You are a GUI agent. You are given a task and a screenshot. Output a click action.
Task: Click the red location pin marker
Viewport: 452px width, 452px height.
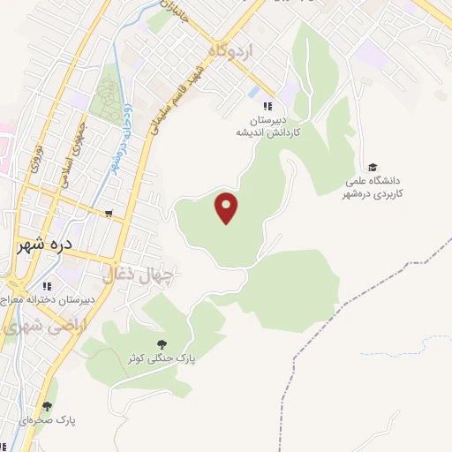tap(228, 207)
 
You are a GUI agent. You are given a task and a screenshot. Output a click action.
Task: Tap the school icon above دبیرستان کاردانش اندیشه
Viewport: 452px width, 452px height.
tap(256, 106)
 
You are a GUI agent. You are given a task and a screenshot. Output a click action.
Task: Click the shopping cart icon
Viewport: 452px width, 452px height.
tap(109, 214)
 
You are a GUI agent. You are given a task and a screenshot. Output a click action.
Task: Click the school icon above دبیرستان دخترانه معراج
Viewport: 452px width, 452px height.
tap(47, 285)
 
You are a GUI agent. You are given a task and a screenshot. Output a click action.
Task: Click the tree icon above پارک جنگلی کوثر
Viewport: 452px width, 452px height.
tap(161, 344)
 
